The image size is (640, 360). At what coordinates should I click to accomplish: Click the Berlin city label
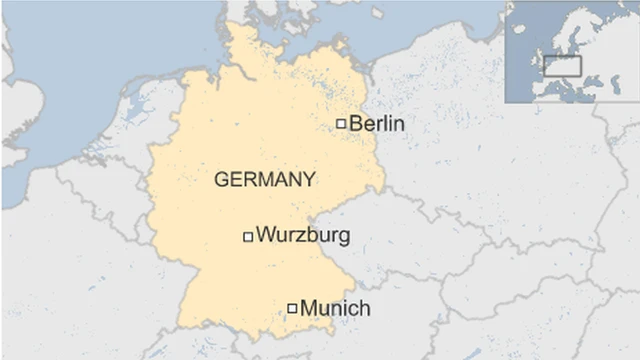(377, 124)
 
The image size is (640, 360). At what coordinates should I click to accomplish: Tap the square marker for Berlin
(341, 124)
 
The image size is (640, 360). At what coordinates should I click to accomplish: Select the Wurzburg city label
(303, 236)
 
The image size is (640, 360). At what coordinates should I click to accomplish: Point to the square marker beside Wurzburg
(248, 237)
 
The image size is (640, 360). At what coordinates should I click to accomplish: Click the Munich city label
(335, 308)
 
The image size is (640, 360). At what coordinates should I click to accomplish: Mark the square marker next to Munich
(292, 308)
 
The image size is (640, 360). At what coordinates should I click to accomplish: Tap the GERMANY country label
(265, 180)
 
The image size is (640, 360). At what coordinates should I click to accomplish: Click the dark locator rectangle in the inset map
(562, 66)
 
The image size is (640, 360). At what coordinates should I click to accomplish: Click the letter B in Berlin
(356, 124)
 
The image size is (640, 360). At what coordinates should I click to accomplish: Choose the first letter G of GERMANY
(222, 180)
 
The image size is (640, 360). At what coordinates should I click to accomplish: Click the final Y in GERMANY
(309, 180)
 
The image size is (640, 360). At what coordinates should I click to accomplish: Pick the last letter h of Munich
(364, 308)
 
